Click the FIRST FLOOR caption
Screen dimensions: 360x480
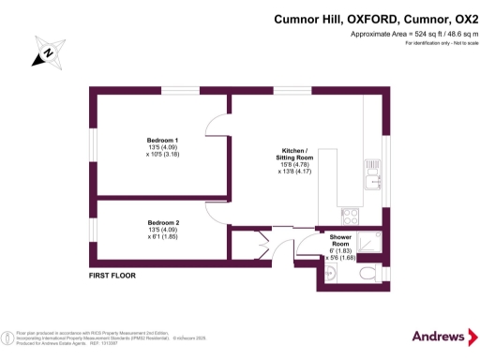[112, 276]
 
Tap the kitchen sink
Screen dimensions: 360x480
[373, 175]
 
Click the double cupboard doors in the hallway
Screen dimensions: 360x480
[252, 247]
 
